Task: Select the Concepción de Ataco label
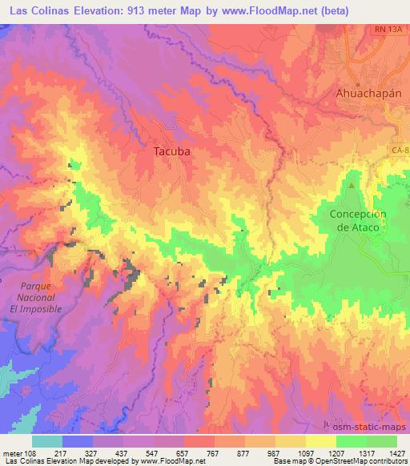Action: coord(358,220)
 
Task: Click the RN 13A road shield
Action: coord(388,30)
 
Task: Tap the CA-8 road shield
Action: coord(400,150)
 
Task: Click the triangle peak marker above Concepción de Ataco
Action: coord(351,186)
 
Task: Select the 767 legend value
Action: coord(215,453)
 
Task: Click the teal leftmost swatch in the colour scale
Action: coord(47,441)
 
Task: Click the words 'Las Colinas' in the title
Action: coord(38,10)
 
